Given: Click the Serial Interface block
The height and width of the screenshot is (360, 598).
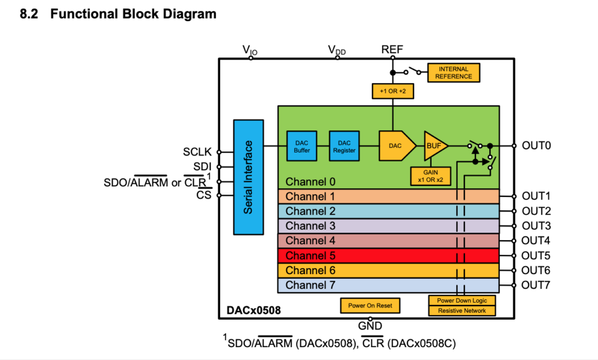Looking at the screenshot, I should (248, 176).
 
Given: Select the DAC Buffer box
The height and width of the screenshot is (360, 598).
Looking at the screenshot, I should (302, 146).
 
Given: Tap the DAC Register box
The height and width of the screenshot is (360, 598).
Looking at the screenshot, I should (344, 146).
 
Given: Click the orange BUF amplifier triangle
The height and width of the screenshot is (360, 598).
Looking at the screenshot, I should (434, 146).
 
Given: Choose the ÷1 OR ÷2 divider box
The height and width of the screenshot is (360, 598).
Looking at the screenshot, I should (392, 91).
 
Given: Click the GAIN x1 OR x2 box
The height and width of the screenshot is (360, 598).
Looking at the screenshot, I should (430, 175).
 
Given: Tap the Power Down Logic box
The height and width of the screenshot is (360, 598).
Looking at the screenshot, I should (462, 300).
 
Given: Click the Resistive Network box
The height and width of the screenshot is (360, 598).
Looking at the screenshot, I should (462, 311).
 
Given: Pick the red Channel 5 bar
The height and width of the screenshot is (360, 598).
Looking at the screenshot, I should (388, 255).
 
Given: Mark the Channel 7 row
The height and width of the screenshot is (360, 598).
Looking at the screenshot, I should (388, 285).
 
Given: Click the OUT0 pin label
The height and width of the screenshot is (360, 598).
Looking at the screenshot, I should (536, 146).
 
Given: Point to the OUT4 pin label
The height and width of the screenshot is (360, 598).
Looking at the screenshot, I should (536, 240).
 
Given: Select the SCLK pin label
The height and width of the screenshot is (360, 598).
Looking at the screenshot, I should (196, 153).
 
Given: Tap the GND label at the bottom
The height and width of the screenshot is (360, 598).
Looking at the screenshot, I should (370, 326).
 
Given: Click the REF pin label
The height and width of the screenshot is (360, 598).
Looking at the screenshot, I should (392, 50).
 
